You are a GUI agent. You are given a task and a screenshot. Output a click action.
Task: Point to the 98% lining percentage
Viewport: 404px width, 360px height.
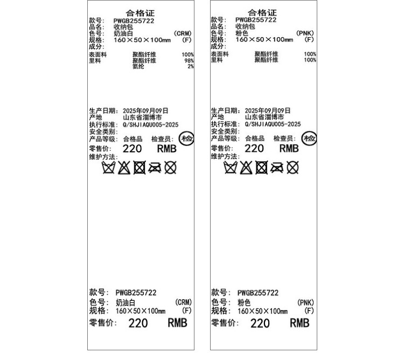[x=189, y=61]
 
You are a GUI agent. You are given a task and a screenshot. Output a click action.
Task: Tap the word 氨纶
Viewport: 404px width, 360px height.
[x=138, y=67]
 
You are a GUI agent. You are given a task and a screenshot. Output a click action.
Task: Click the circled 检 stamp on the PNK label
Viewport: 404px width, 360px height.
[x=309, y=139]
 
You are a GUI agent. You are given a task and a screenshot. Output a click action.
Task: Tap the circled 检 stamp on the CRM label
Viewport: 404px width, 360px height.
[x=187, y=139]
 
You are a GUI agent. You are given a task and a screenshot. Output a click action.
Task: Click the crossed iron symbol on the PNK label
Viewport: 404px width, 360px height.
[x=276, y=168]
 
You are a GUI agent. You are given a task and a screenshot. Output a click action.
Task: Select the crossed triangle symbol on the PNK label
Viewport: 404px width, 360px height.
[x=246, y=168]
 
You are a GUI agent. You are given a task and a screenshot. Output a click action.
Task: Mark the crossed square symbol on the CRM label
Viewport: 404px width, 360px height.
[x=140, y=168]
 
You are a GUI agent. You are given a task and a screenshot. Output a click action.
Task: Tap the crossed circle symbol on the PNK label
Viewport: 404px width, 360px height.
[x=292, y=168]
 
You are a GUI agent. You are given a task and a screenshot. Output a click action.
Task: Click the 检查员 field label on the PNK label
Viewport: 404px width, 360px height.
[x=285, y=139]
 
